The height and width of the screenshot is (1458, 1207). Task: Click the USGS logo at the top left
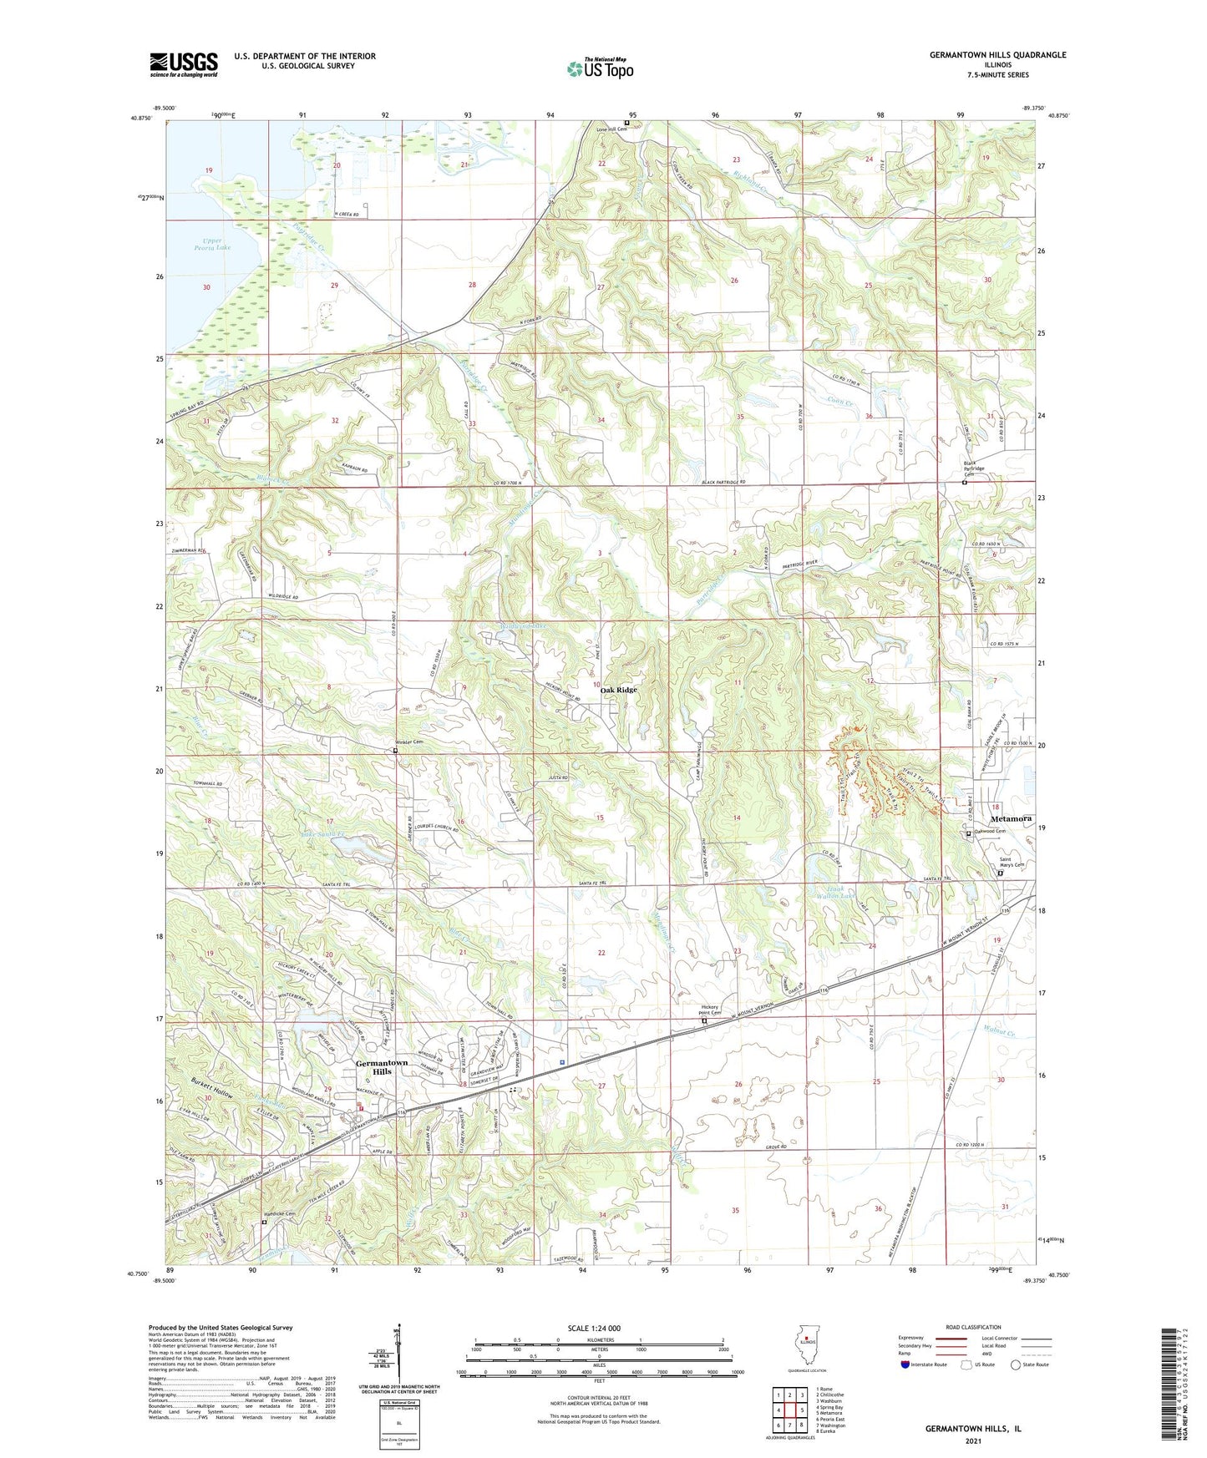point(184,63)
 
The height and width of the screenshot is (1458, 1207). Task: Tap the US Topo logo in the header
point(600,68)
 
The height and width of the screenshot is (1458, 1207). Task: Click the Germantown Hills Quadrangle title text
point(997,55)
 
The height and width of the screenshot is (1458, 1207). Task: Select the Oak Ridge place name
point(619,690)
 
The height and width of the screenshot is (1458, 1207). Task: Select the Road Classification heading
point(974,1327)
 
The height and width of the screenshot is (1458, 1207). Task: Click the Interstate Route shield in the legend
point(905,1364)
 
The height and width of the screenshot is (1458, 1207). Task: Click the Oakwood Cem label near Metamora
point(991,831)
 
